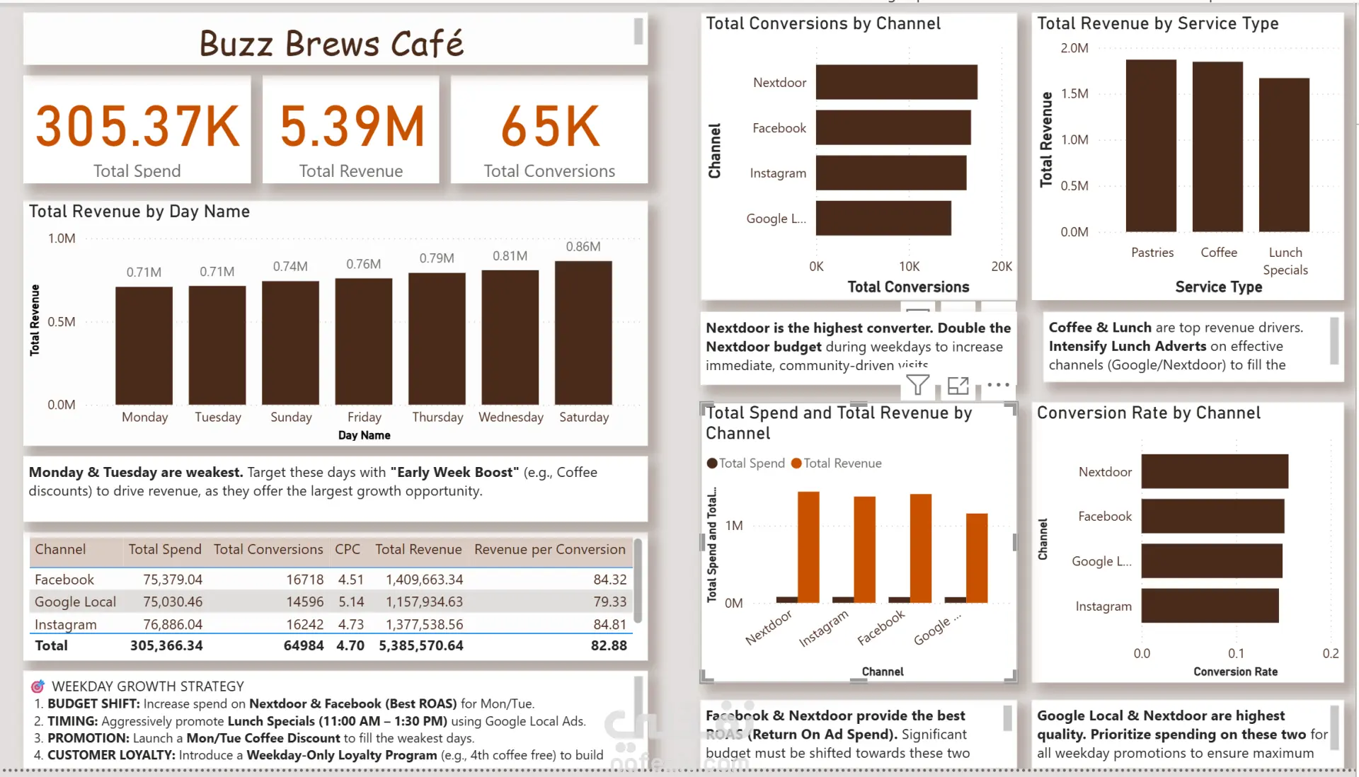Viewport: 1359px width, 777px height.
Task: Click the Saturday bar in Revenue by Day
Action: tap(583, 333)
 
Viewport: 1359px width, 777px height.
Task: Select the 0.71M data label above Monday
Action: tap(144, 272)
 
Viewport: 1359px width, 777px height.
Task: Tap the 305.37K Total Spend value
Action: tap(137, 127)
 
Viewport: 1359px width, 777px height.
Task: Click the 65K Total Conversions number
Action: tap(550, 127)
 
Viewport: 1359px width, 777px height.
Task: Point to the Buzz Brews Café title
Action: tap(331, 44)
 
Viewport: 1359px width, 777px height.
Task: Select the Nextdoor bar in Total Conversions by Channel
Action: tap(896, 82)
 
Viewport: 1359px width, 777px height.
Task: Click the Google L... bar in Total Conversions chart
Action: tap(883, 218)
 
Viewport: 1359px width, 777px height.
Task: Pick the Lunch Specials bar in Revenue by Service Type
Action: tap(1284, 154)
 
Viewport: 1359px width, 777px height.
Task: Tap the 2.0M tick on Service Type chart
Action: tap(1074, 48)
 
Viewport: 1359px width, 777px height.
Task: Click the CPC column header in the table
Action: tap(348, 550)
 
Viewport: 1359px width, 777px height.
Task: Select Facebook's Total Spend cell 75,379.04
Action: tap(173, 580)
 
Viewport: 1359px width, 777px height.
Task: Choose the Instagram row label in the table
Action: tap(66, 625)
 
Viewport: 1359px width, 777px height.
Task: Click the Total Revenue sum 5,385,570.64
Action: tap(421, 645)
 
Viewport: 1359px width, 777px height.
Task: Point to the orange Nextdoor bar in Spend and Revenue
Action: tap(808, 546)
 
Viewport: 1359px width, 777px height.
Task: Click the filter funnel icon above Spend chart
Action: tap(917, 386)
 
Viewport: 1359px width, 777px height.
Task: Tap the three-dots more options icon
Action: tap(998, 385)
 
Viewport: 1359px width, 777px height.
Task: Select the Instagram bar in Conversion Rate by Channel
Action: tap(1210, 606)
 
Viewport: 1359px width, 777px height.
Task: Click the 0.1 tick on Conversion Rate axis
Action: tap(1236, 654)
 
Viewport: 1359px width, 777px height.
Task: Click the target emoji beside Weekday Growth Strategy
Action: tap(38, 686)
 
